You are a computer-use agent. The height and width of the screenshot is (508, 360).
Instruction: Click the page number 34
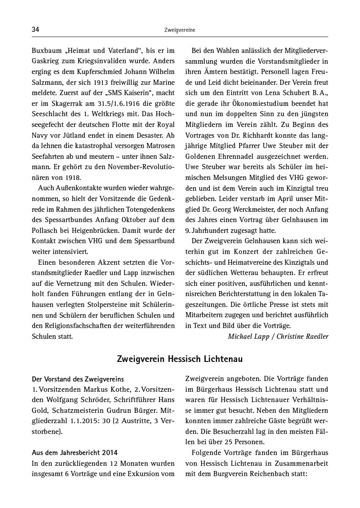(x=35, y=30)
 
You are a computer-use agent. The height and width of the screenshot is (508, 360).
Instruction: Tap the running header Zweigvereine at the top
(x=179, y=30)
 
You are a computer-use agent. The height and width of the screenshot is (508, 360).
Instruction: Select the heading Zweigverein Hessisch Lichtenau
(x=179, y=357)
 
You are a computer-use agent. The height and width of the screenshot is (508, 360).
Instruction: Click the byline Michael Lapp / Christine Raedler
(x=278, y=336)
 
